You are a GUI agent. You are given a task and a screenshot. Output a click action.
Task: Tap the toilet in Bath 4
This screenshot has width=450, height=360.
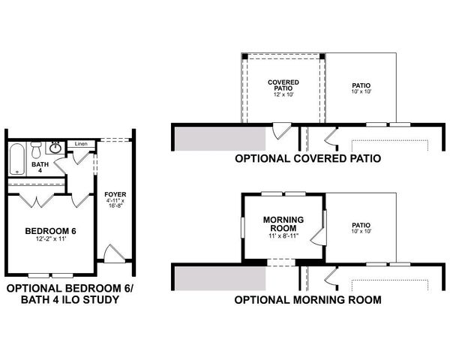36,147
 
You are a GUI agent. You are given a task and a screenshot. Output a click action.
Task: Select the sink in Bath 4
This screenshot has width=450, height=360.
55,147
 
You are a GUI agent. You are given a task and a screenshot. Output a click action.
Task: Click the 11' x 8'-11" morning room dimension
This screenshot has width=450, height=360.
283,235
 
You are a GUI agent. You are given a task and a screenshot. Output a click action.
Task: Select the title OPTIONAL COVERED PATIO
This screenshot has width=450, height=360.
307,159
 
